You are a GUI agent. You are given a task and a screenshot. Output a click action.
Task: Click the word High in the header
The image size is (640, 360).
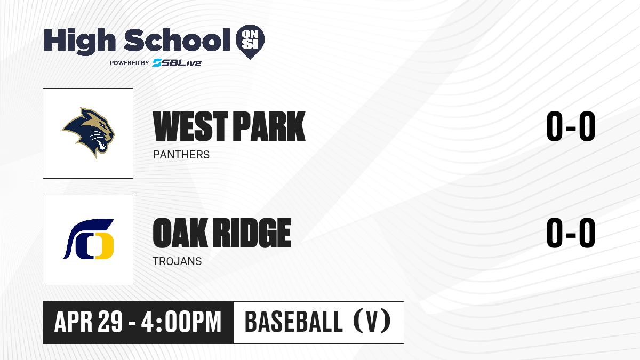[79, 41]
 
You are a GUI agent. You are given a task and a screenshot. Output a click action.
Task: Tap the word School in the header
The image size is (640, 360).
[177, 40]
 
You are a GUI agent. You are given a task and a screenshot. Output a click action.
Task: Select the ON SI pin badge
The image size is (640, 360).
[250, 42]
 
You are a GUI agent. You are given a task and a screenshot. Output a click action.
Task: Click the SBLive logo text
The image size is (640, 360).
[177, 62]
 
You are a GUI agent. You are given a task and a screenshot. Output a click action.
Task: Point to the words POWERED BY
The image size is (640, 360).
[130, 63]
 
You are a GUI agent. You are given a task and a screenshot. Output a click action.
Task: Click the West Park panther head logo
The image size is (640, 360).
[89, 133]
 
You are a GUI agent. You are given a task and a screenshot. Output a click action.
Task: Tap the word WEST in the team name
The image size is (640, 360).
[190, 126]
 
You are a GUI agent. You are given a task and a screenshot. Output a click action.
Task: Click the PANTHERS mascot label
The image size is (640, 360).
[181, 155]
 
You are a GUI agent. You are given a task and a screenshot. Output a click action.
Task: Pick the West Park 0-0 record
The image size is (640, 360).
[571, 126]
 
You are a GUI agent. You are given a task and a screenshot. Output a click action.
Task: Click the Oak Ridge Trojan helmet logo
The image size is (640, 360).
[88, 239]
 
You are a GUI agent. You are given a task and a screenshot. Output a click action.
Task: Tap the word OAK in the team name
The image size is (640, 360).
[180, 233]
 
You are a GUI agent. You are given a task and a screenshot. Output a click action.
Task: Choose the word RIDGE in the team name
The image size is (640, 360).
[253, 233]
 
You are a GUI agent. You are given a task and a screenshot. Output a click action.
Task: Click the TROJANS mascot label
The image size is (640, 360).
[177, 261]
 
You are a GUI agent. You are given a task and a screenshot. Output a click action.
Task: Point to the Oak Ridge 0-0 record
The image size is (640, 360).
[571, 233]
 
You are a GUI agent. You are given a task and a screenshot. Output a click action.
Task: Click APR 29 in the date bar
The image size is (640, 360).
[89, 322]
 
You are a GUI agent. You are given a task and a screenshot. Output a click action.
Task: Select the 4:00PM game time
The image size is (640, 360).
[181, 322]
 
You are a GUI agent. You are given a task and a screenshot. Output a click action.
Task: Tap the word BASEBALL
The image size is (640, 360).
[294, 322]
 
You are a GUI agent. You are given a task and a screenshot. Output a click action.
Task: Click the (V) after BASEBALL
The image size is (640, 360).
[372, 322]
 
